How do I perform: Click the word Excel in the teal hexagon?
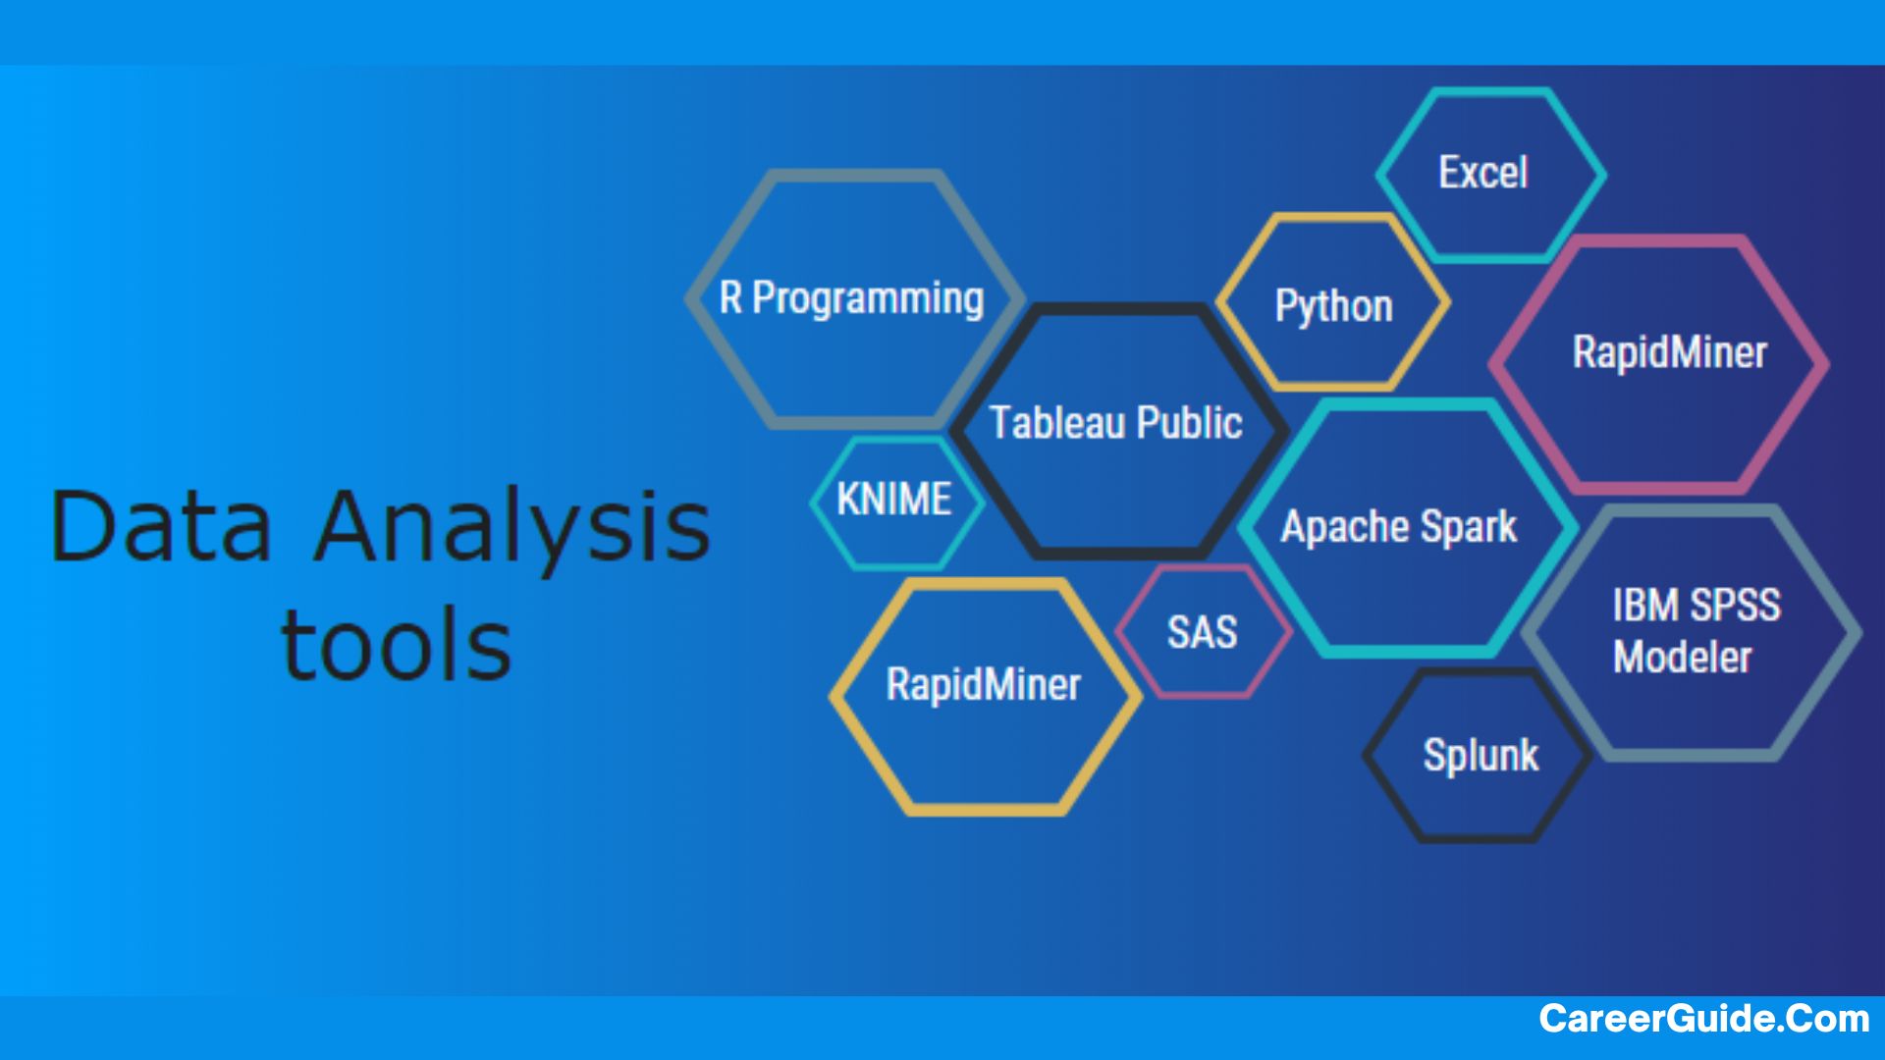1482,173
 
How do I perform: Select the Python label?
1333,306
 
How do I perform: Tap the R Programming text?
851,298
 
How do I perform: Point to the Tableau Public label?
1115,423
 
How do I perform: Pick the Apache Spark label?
1398,527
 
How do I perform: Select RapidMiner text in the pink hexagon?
1669,352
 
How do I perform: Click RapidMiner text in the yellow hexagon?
983,684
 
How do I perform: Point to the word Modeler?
1682,657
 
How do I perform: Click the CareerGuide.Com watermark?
1704,1019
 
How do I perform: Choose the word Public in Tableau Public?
1190,423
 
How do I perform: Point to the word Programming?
868,299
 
